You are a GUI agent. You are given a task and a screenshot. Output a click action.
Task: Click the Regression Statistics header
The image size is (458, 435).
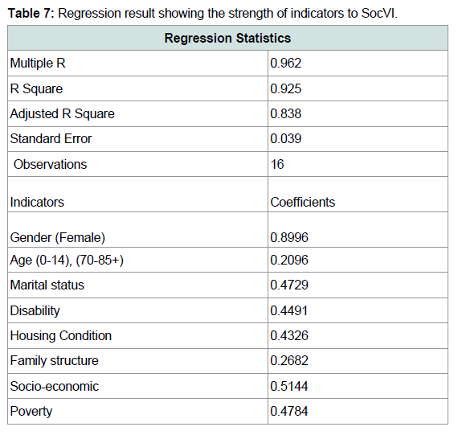point(227,38)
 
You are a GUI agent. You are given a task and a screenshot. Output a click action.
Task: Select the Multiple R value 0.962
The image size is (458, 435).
point(286,64)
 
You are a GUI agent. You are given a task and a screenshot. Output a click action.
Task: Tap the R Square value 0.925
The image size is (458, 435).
point(286,88)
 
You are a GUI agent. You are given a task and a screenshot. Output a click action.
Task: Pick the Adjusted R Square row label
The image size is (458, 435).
point(62,113)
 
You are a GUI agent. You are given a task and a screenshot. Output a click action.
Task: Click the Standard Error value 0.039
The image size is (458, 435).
point(286,138)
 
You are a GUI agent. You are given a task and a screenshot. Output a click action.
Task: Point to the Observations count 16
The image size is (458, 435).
point(277,164)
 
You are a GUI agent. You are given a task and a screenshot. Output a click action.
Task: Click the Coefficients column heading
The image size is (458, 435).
point(303,202)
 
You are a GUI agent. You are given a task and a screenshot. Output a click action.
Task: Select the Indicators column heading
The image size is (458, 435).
point(37,202)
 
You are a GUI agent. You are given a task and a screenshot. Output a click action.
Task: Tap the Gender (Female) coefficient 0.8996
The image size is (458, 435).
point(289,237)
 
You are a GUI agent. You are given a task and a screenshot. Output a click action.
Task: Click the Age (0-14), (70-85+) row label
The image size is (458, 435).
point(67,261)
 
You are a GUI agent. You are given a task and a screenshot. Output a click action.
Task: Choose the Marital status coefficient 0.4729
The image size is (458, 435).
point(289,285)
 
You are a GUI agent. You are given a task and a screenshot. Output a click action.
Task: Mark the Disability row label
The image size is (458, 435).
point(35,310)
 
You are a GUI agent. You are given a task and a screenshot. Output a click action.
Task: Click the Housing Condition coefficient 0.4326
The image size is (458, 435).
point(289,335)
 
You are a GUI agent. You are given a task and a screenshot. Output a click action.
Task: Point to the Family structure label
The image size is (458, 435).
point(55,361)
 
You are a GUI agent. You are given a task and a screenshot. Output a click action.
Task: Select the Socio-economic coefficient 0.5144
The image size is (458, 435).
point(289,386)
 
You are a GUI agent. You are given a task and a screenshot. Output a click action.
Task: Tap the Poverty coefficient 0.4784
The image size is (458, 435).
point(289,411)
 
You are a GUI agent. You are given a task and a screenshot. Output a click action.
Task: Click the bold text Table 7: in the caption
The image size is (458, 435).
point(31,13)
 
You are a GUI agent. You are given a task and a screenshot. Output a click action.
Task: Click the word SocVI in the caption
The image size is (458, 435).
point(378,13)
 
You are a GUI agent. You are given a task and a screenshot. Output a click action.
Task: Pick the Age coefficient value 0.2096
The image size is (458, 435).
point(289,260)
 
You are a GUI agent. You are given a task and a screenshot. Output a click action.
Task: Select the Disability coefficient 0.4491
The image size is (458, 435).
point(289,310)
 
